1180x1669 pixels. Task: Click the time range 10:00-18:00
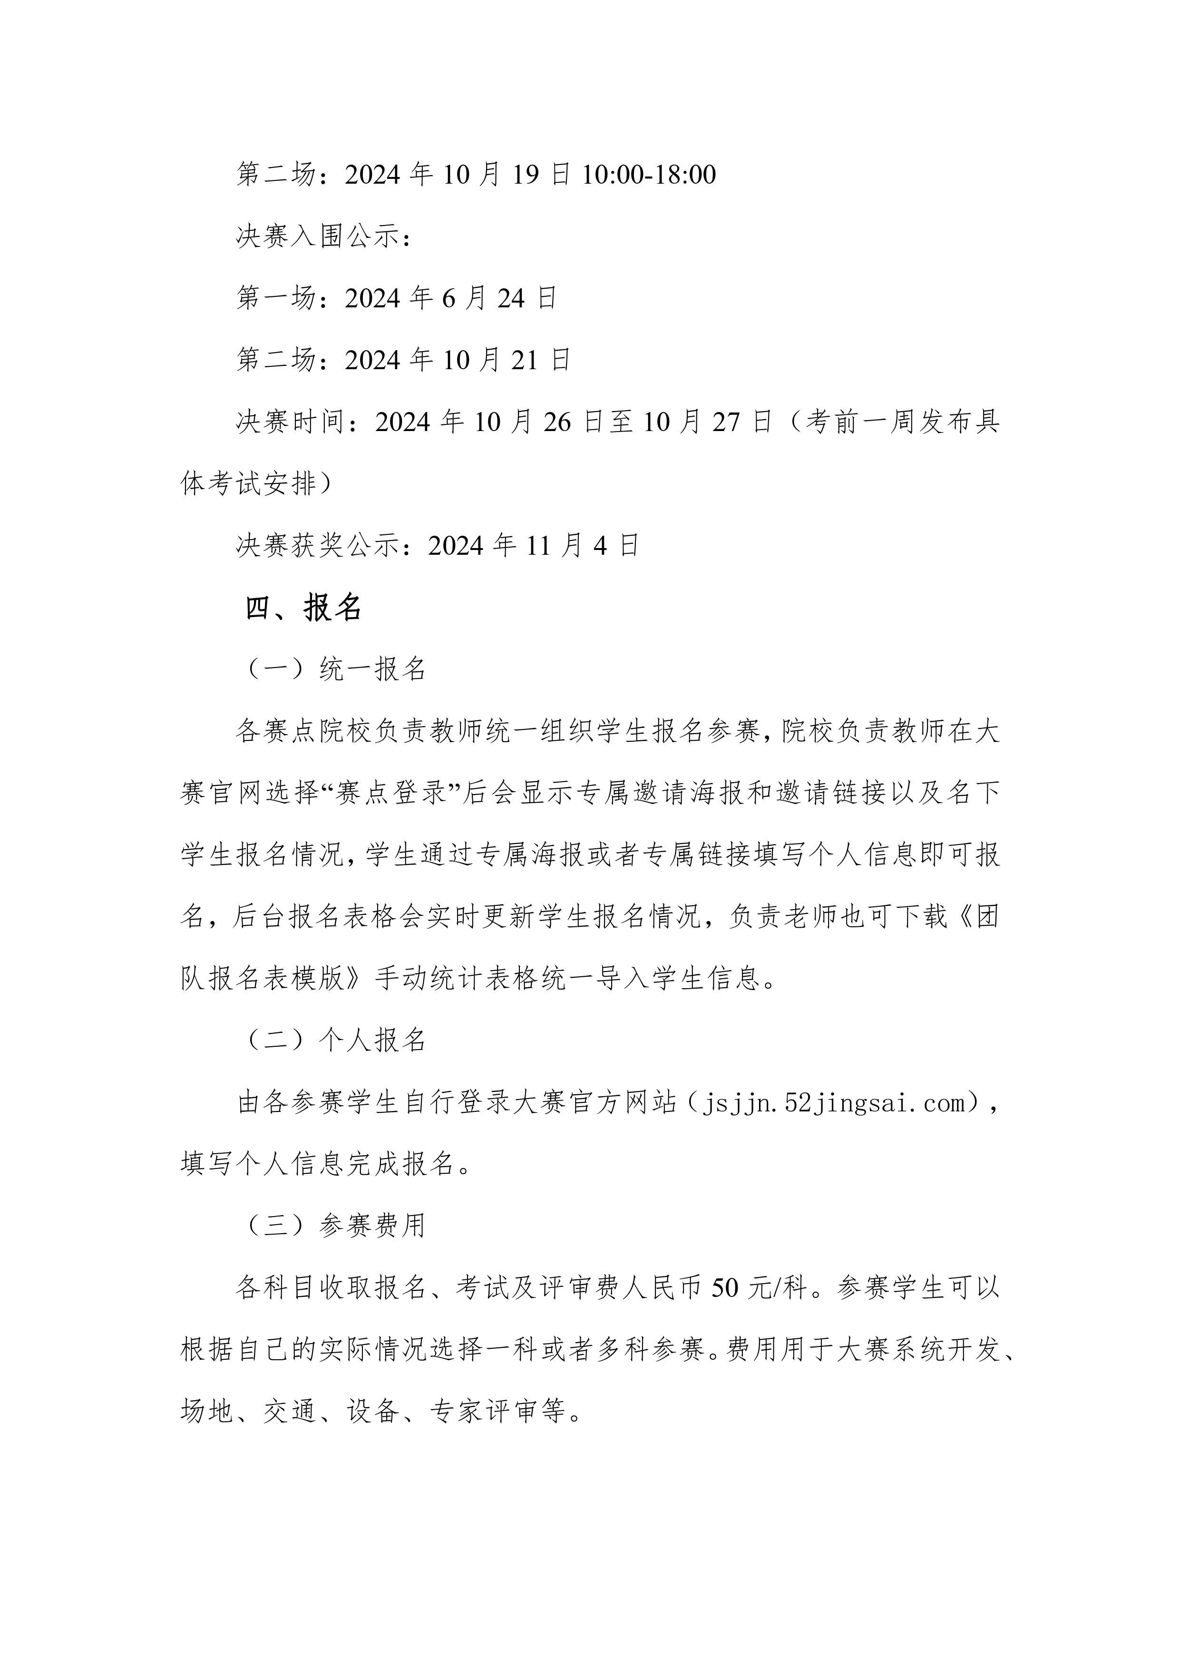coord(649,175)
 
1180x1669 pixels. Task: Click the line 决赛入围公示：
coord(324,236)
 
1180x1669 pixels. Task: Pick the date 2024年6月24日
coord(450,298)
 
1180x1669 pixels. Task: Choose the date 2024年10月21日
coord(458,360)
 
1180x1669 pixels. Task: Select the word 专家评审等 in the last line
coord(497,1412)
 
